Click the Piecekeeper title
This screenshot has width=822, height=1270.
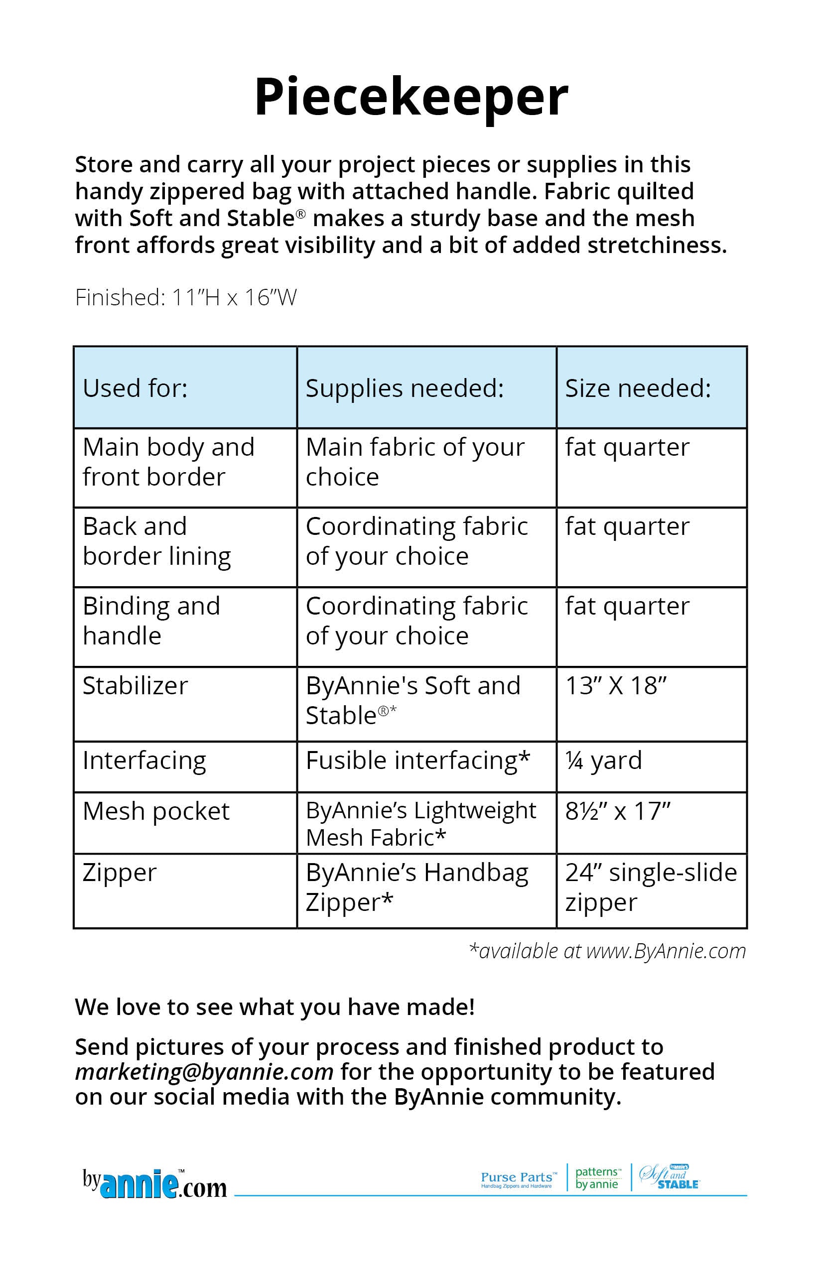(x=411, y=97)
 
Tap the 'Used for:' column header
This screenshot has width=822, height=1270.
(x=135, y=388)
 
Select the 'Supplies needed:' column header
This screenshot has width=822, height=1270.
(x=405, y=388)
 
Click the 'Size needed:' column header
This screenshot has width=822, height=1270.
(x=638, y=388)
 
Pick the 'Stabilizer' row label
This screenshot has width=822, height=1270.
(x=135, y=686)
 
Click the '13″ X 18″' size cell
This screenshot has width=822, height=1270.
(x=616, y=686)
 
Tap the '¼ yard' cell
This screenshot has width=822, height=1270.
(x=604, y=761)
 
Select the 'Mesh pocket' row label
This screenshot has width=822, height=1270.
(x=156, y=812)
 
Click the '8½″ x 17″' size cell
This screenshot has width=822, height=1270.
(x=618, y=812)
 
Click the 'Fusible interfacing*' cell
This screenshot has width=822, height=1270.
(x=418, y=761)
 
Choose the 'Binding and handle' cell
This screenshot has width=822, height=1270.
(x=151, y=621)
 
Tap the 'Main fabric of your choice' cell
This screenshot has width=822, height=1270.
(x=414, y=462)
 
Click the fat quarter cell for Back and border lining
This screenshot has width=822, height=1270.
(x=627, y=527)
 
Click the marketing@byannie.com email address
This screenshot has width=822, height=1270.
(x=204, y=1071)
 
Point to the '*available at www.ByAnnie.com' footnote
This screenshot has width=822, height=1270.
(x=607, y=951)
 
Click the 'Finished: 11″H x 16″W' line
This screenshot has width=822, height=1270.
(x=186, y=297)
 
